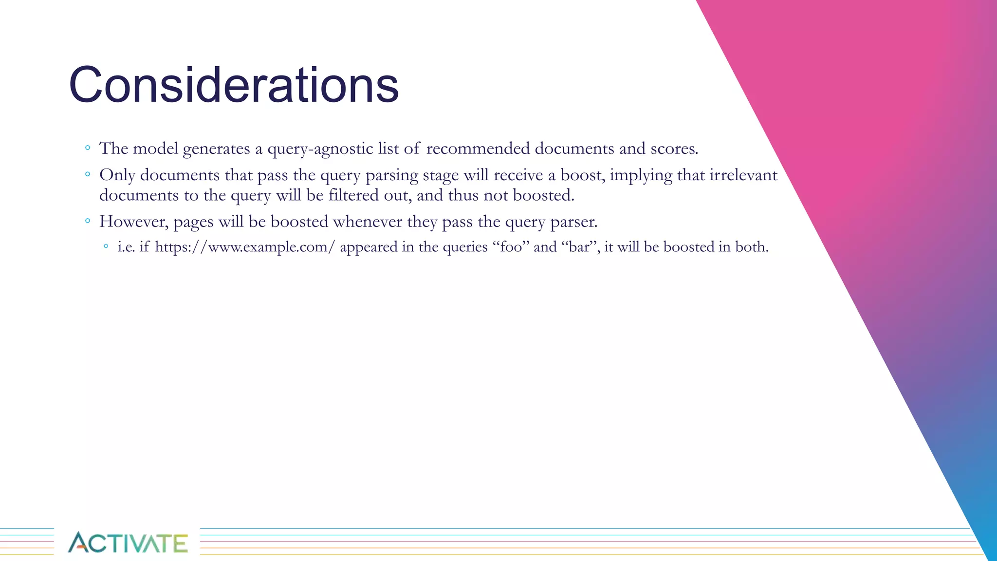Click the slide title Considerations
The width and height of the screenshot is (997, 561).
click(234, 86)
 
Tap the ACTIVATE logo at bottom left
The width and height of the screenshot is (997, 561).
click(128, 542)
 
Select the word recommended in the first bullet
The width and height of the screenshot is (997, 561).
click(478, 149)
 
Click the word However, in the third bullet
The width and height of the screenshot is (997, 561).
click(134, 222)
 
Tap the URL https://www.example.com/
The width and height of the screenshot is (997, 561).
click(245, 247)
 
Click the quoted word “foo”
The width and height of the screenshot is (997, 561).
click(511, 247)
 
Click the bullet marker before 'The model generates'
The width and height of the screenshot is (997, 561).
click(87, 148)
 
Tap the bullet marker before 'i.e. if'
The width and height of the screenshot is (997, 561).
click(106, 246)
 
